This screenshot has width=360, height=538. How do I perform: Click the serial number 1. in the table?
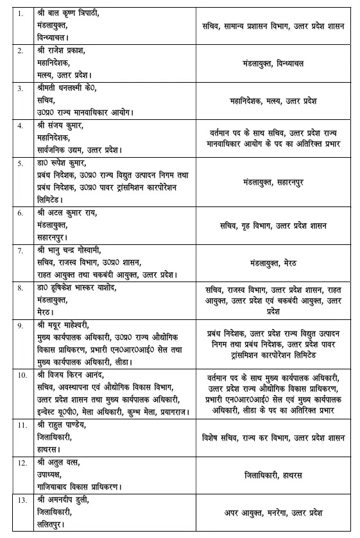click(x=21, y=13)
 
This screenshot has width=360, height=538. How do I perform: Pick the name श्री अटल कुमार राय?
click(x=70, y=212)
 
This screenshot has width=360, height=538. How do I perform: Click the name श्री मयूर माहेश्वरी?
click(x=67, y=325)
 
